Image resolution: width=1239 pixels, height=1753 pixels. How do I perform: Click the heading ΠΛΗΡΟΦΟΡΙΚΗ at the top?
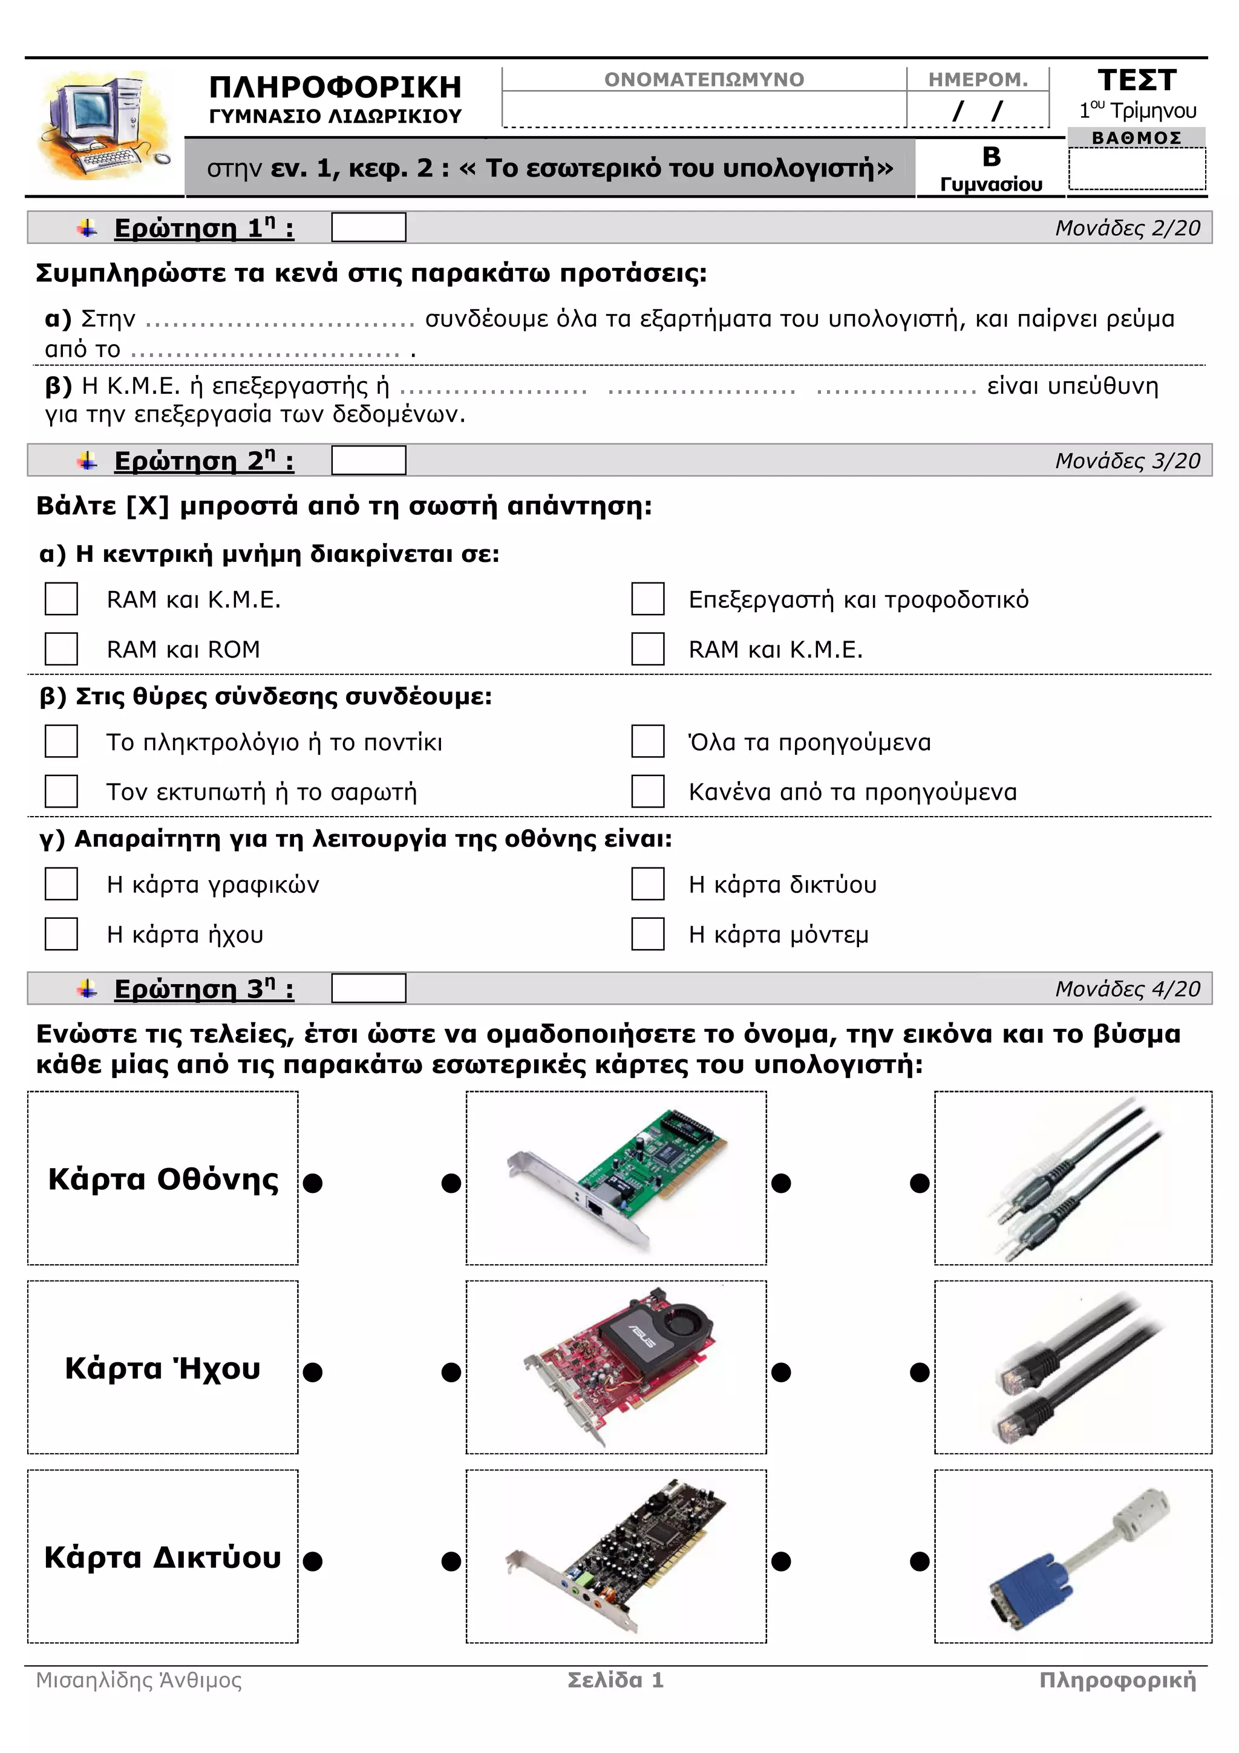tap(335, 87)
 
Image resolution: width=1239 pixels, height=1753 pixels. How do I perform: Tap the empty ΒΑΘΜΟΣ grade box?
tap(1136, 169)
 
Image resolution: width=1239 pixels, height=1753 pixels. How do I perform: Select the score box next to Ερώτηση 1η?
tap(368, 227)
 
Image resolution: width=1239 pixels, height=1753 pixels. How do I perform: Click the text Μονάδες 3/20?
tap(1127, 460)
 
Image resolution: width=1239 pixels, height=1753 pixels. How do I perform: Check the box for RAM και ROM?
tap(61, 648)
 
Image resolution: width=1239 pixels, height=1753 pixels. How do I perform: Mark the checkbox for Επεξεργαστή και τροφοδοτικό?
tap(647, 599)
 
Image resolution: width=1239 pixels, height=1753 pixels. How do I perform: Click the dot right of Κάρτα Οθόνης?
tap(312, 1183)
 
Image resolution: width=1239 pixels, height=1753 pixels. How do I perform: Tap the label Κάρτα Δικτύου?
tap(163, 1557)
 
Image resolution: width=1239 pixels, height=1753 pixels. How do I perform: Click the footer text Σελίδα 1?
tap(615, 1680)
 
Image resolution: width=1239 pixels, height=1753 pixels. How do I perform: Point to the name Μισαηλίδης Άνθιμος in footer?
tap(139, 1680)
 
